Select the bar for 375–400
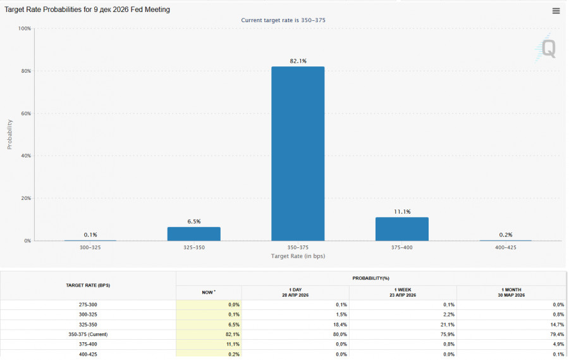[401, 229]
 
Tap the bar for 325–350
[194, 233]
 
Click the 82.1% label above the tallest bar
[298, 61]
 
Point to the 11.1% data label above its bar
[402, 211]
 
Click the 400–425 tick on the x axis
[505, 247]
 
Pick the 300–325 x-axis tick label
[90, 247]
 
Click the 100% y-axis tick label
[24, 28]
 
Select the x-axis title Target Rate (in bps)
[298, 256]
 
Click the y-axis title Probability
[9, 134]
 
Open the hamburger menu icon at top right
[556, 11]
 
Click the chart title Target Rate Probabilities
[87, 10]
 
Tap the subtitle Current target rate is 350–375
[283, 20]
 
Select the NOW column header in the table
[208, 292]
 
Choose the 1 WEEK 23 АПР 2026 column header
[403, 292]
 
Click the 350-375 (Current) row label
[88, 334]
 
